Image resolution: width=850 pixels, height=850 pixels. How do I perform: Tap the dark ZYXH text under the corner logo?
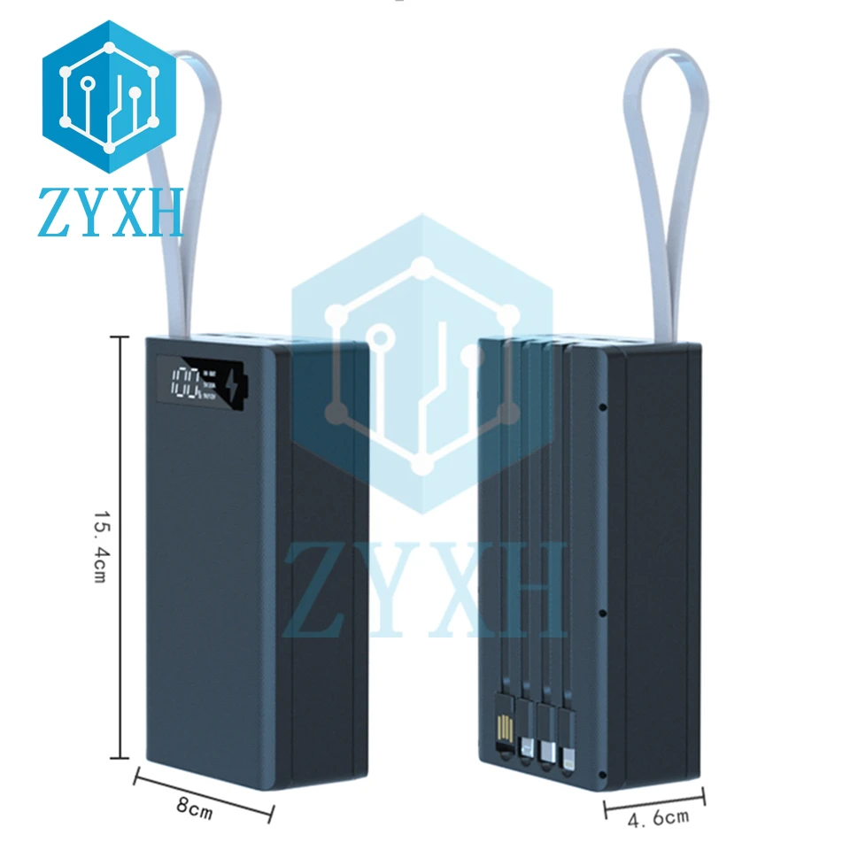[110, 212]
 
